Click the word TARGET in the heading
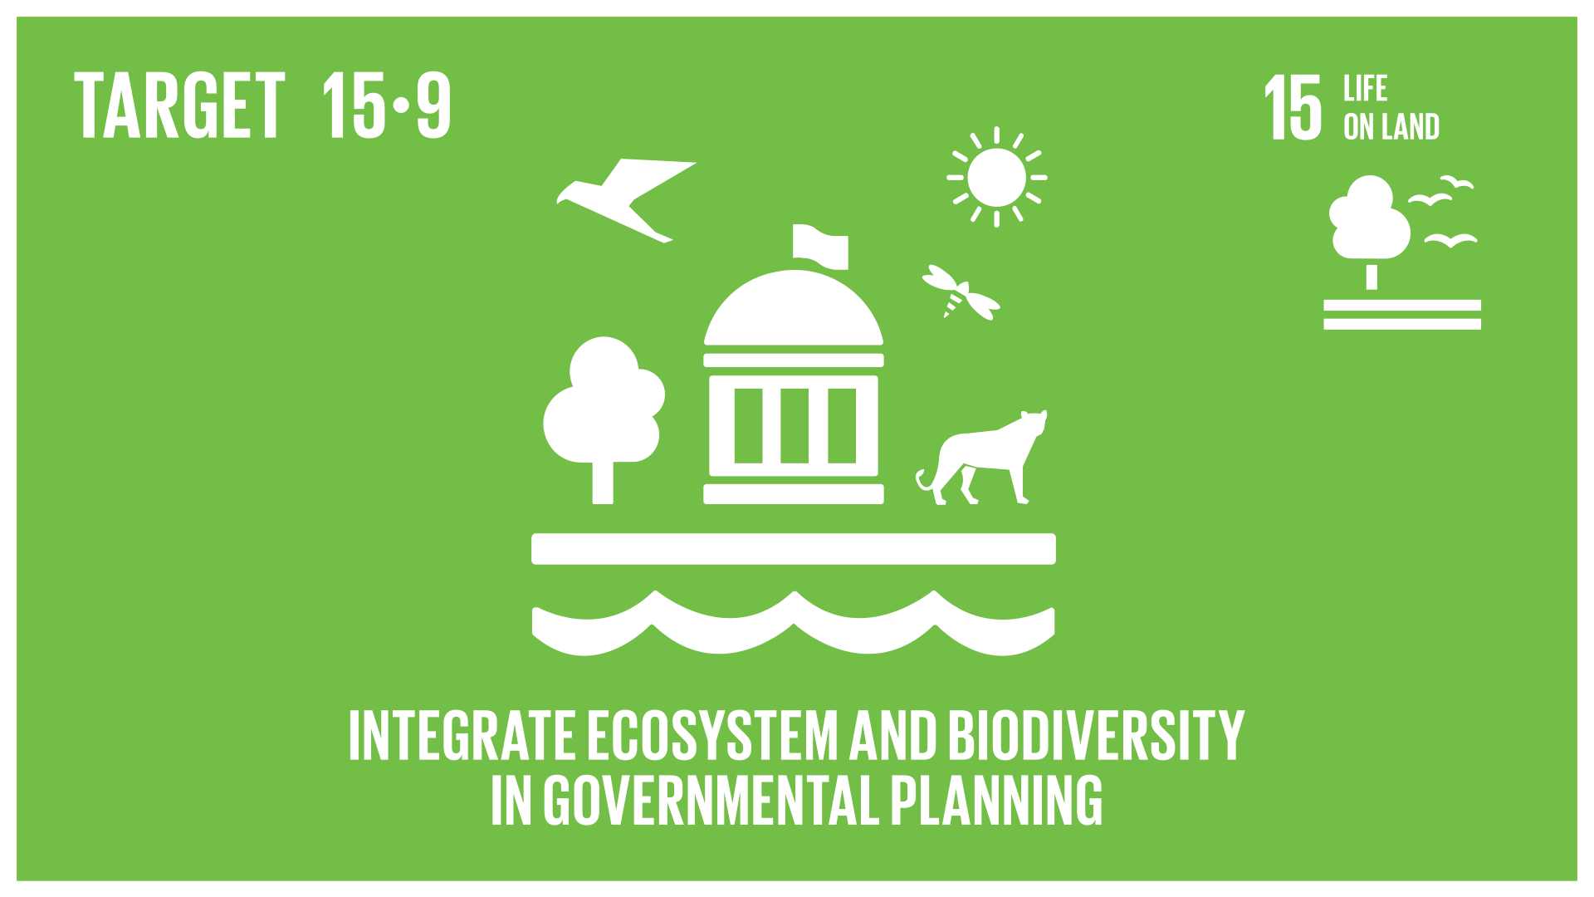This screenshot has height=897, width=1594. pyautogui.click(x=180, y=105)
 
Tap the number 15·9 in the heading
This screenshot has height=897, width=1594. pyautogui.click(x=387, y=105)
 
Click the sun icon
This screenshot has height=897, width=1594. pyautogui.click(x=996, y=177)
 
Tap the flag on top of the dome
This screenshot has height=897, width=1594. pyautogui.click(x=820, y=246)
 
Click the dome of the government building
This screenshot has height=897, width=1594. pyautogui.click(x=794, y=307)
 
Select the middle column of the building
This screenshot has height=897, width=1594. pyautogui.click(x=795, y=425)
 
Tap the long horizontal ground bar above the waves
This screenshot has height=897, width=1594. pyautogui.click(x=794, y=549)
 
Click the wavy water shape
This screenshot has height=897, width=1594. pyautogui.click(x=794, y=623)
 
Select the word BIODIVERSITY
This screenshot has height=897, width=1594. pyautogui.click(x=1096, y=735)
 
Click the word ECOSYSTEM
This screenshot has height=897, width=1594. pyautogui.click(x=713, y=735)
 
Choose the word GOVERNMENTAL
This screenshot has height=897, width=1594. pyautogui.click(x=711, y=800)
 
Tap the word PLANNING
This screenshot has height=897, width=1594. pyautogui.click(x=996, y=800)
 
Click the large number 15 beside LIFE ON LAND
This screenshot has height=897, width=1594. pyautogui.click(x=1293, y=106)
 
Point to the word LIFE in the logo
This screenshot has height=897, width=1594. pyautogui.click(x=1366, y=88)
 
